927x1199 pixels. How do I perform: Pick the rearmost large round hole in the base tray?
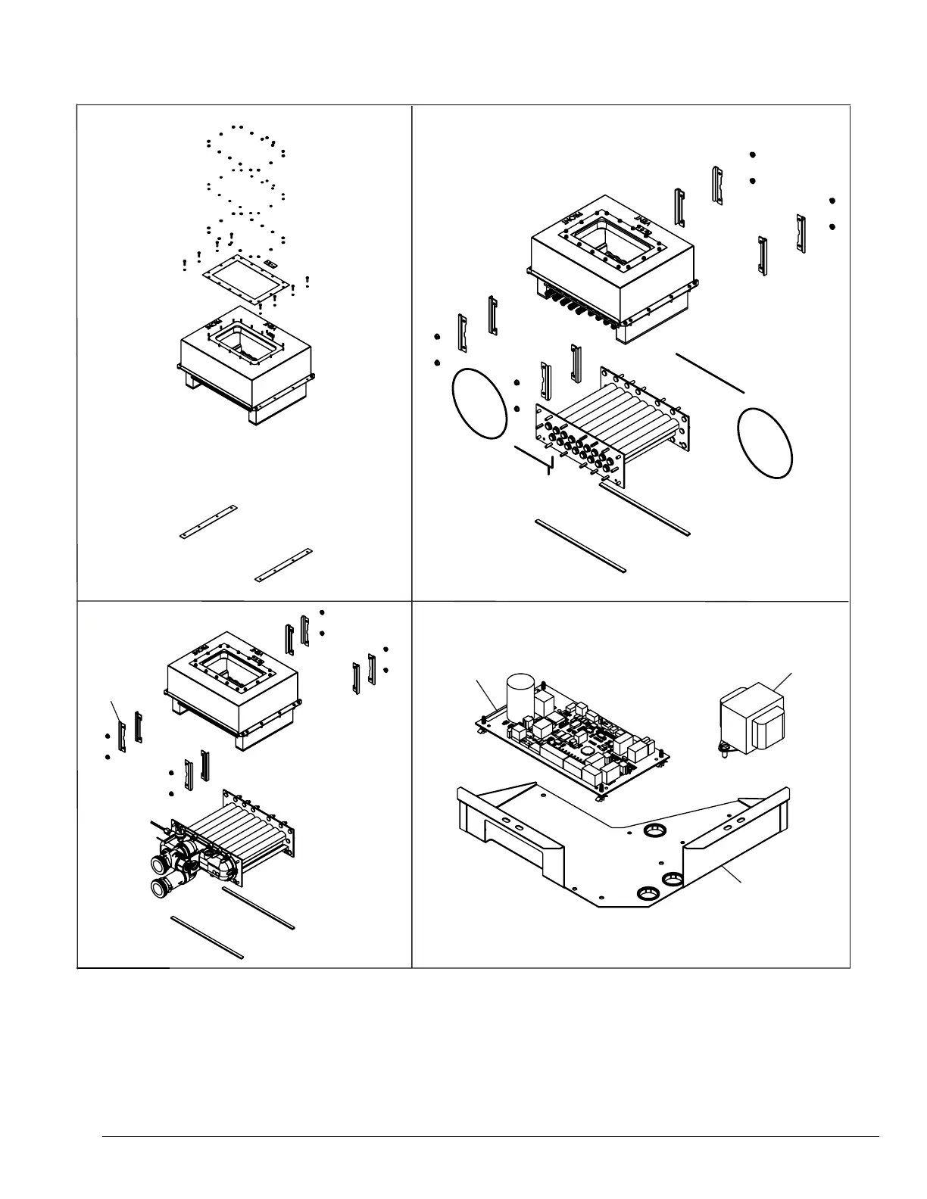(651, 831)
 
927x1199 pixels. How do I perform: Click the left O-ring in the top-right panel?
(479, 402)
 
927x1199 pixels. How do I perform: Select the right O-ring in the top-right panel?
(766, 442)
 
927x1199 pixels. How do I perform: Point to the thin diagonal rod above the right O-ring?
(710, 372)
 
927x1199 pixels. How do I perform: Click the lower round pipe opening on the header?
(161, 886)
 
